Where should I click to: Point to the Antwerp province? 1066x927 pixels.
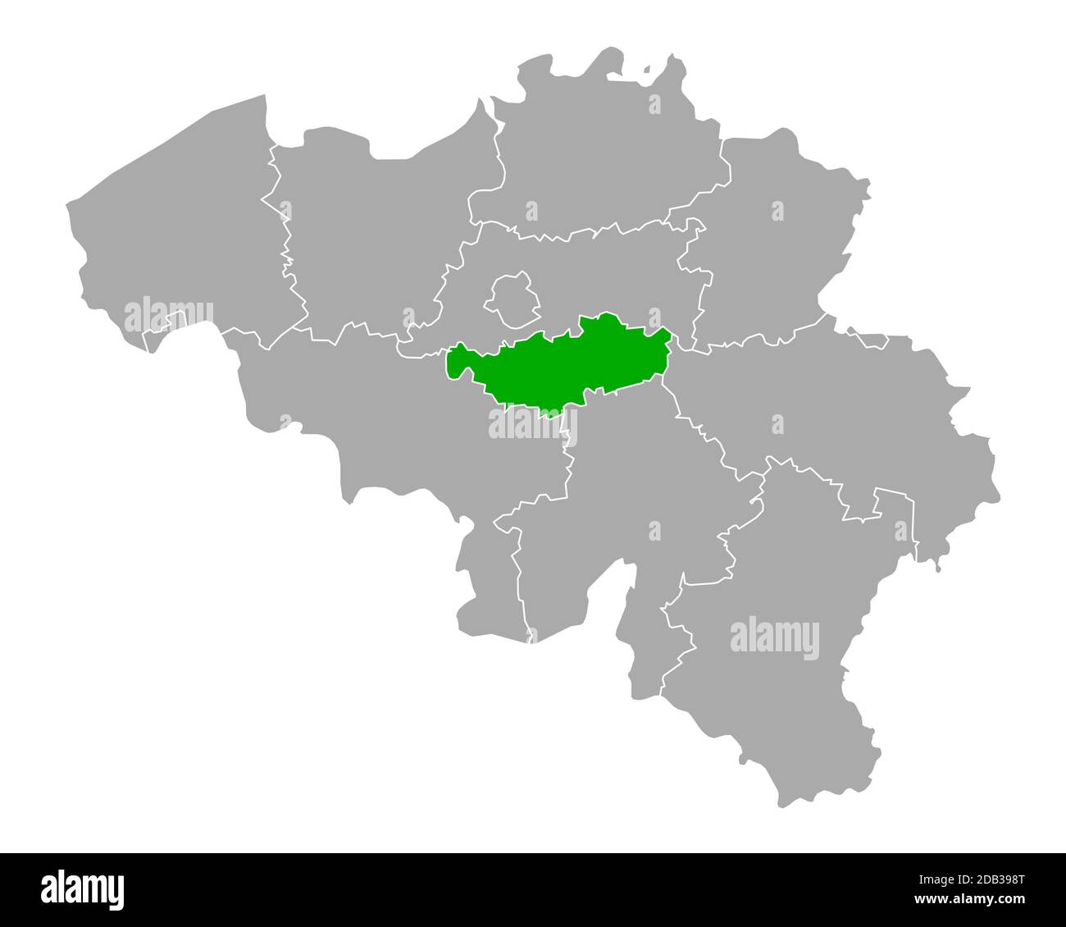(x=607, y=156)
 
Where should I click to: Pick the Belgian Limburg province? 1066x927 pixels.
(x=771, y=246)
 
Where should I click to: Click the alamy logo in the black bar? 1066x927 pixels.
(x=82, y=888)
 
